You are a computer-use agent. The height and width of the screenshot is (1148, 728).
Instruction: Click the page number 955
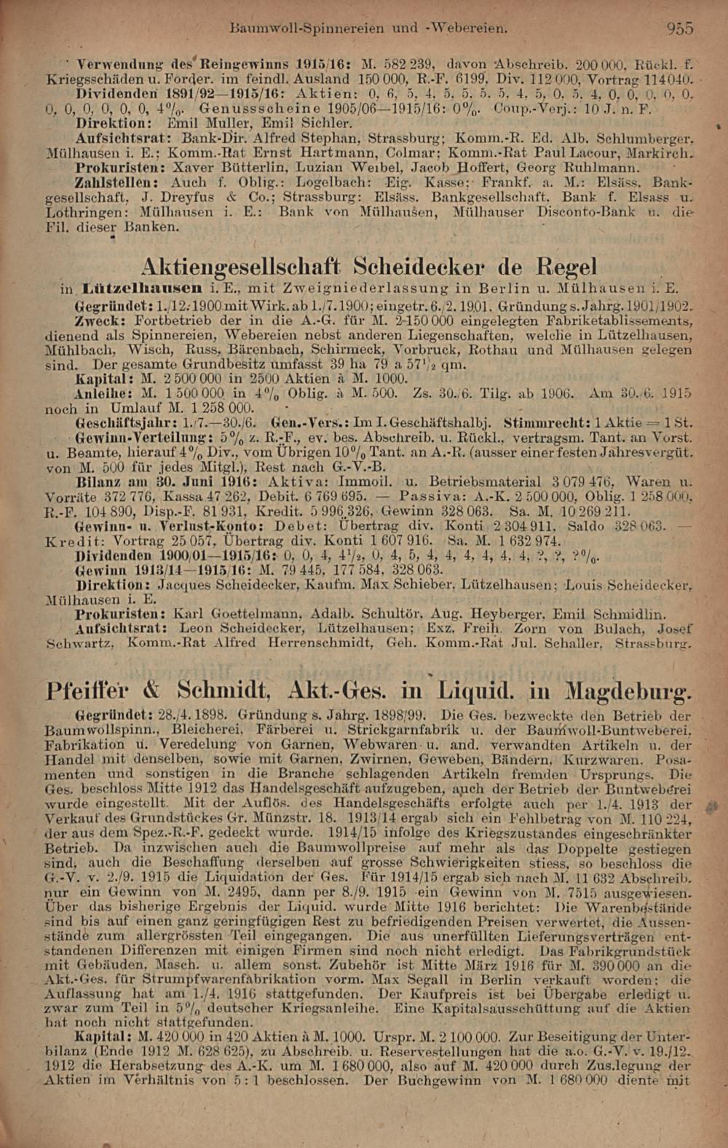(679, 29)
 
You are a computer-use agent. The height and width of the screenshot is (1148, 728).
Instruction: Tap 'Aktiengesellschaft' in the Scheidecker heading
(242, 267)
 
